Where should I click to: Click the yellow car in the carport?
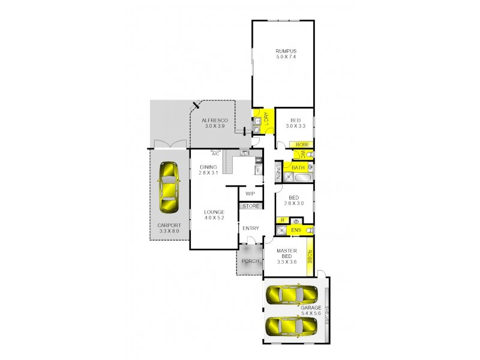(169, 187)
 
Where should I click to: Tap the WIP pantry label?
(251, 194)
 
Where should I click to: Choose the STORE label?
(251, 206)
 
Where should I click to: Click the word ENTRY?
(251, 229)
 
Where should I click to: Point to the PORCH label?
(249, 261)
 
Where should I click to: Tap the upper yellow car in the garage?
(292, 295)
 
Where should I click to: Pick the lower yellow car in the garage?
(292, 326)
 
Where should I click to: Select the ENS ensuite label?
(295, 230)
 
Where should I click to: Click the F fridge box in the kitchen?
(258, 170)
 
